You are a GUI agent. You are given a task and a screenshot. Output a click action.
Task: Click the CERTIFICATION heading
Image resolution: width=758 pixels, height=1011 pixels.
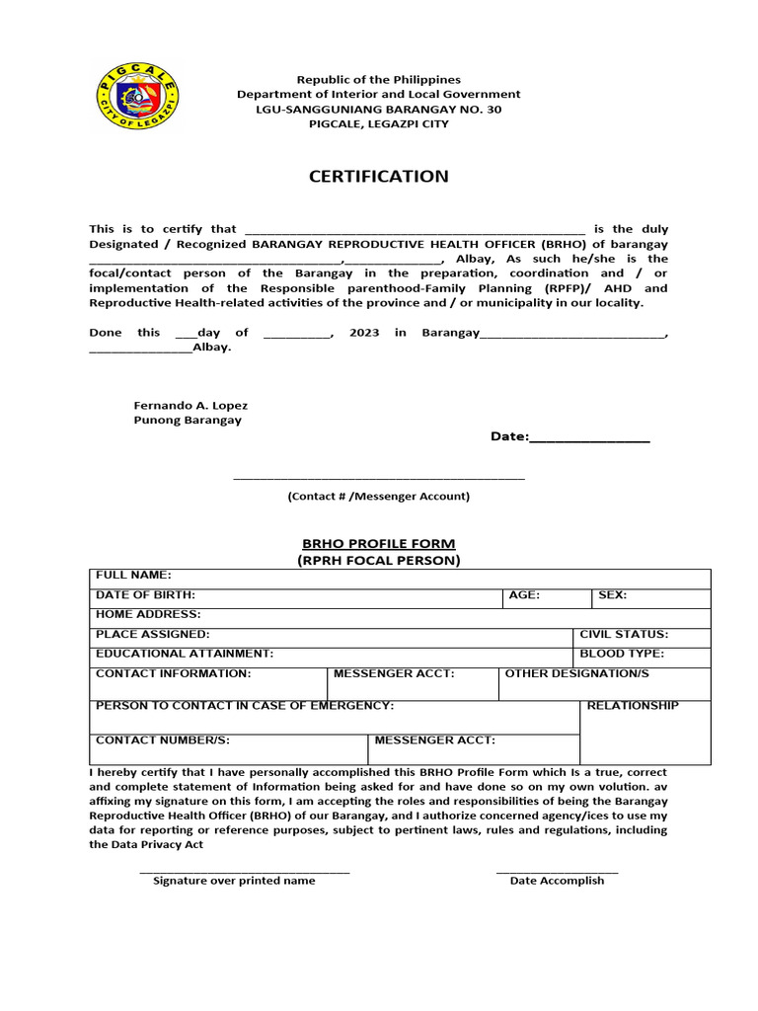tap(378, 177)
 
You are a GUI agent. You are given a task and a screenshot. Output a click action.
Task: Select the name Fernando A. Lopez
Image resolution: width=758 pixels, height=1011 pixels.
tap(190, 406)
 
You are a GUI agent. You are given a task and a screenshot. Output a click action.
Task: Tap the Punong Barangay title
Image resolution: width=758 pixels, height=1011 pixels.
tap(188, 420)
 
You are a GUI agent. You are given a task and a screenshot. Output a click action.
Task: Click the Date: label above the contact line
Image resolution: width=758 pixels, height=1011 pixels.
tap(510, 436)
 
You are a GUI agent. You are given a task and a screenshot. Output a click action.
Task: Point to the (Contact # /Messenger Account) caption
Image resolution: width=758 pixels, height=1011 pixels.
tap(379, 497)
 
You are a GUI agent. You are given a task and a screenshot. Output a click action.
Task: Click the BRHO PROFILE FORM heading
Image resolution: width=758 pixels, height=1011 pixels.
tap(378, 544)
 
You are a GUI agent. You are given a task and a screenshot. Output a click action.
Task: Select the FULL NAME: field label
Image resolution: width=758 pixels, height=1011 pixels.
tap(133, 575)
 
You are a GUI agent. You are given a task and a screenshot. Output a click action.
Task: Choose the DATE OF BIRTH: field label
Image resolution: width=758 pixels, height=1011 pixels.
tap(145, 595)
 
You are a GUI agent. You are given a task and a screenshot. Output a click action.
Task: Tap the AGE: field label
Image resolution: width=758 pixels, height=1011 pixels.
tap(523, 595)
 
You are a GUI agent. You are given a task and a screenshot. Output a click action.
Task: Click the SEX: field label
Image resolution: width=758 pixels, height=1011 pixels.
tap(612, 595)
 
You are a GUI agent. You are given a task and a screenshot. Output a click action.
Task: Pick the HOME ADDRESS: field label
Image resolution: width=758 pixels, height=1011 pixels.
tap(148, 614)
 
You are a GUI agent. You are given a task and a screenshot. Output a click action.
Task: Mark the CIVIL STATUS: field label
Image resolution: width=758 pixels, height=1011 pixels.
tap(624, 634)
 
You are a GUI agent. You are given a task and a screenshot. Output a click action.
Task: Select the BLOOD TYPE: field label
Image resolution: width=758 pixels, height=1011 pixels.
tap(622, 654)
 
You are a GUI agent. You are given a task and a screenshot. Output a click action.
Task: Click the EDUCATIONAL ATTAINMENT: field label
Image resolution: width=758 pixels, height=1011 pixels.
tap(185, 654)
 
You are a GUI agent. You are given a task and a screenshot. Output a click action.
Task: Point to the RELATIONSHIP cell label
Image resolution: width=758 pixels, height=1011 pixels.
tap(633, 706)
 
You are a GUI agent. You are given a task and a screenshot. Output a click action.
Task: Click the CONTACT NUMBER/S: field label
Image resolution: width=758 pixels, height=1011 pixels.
tap(163, 739)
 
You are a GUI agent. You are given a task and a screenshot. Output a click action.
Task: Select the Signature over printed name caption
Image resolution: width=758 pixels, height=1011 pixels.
tap(234, 881)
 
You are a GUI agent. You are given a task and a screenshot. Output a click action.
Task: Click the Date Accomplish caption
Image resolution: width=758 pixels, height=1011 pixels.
tap(557, 881)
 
